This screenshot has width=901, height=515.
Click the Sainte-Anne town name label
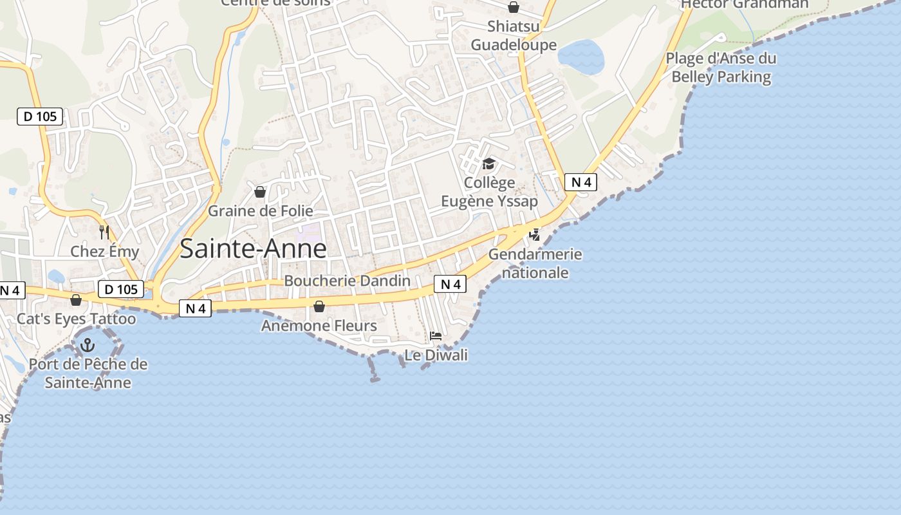253,248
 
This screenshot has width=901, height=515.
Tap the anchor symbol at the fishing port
88,345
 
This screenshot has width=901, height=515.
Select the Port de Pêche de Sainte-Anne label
88,373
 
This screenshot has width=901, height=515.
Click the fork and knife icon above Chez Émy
104,232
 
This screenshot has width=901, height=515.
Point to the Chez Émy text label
104,251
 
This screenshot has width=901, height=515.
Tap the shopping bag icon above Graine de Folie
260,192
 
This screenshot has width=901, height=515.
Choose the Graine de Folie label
260,211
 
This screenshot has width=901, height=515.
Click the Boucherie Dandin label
347,281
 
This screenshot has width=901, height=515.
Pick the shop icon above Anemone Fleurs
319,306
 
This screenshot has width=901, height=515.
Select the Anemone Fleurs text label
319,326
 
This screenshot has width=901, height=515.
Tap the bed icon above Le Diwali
436,335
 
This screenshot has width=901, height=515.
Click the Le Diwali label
436,355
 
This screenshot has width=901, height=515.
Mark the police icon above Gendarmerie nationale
534,234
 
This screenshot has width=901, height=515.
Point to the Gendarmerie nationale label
535,263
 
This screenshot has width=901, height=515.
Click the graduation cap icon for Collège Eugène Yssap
488,164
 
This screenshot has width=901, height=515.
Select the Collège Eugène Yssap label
489,192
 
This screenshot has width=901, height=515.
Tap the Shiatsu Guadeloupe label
514,35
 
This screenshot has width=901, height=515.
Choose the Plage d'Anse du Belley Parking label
721,68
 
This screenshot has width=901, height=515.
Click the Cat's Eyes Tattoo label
76,319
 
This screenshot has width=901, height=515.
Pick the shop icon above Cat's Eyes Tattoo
76,300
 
